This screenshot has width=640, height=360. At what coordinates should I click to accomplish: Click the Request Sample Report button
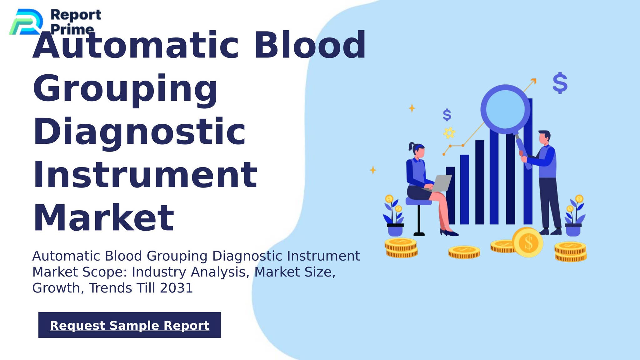[x=129, y=325]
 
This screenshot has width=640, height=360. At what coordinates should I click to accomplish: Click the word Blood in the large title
[x=309, y=45]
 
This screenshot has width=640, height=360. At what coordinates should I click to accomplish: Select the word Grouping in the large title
[x=125, y=89]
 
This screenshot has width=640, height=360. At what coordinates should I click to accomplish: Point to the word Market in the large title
[x=103, y=218]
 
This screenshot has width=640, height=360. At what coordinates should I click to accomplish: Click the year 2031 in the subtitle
[x=176, y=288]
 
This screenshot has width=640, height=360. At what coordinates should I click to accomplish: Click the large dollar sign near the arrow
[x=560, y=83]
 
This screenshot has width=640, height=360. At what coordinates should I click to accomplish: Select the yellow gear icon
[x=449, y=133]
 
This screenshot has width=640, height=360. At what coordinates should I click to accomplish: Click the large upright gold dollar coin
[x=527, y=242]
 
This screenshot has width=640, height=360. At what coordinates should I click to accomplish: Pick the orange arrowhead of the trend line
[x=534, y=81]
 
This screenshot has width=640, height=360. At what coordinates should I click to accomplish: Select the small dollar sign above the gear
[x=447, y=115]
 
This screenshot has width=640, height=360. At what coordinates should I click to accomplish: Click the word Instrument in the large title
[x=145, y=175]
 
